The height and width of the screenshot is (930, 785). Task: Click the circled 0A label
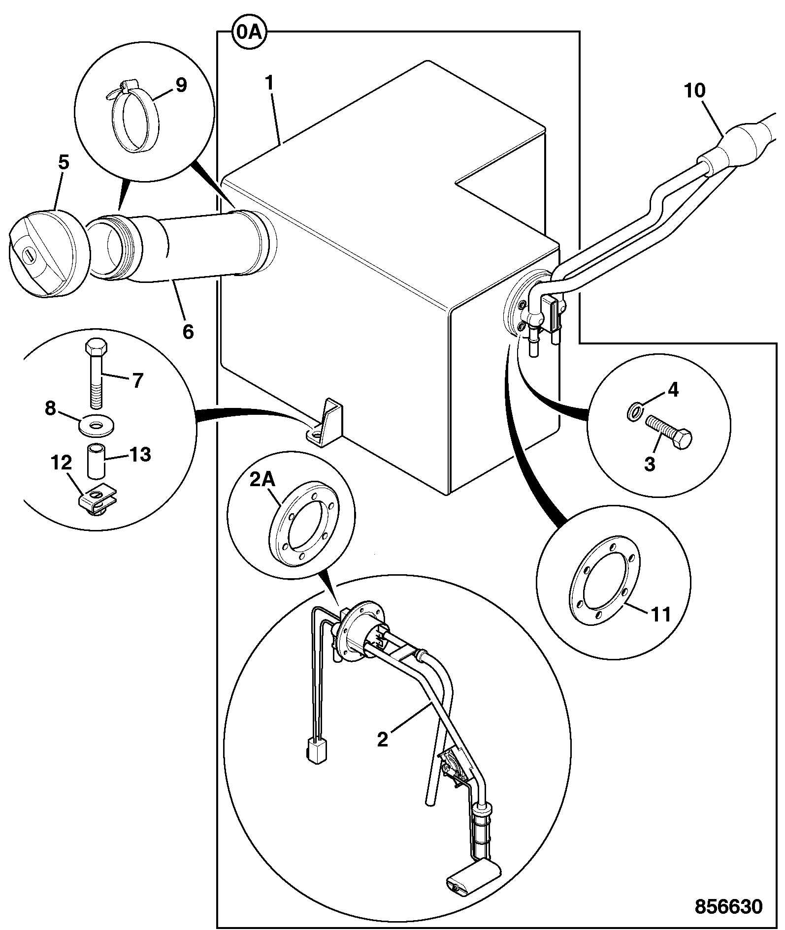(x=249, y=33)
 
